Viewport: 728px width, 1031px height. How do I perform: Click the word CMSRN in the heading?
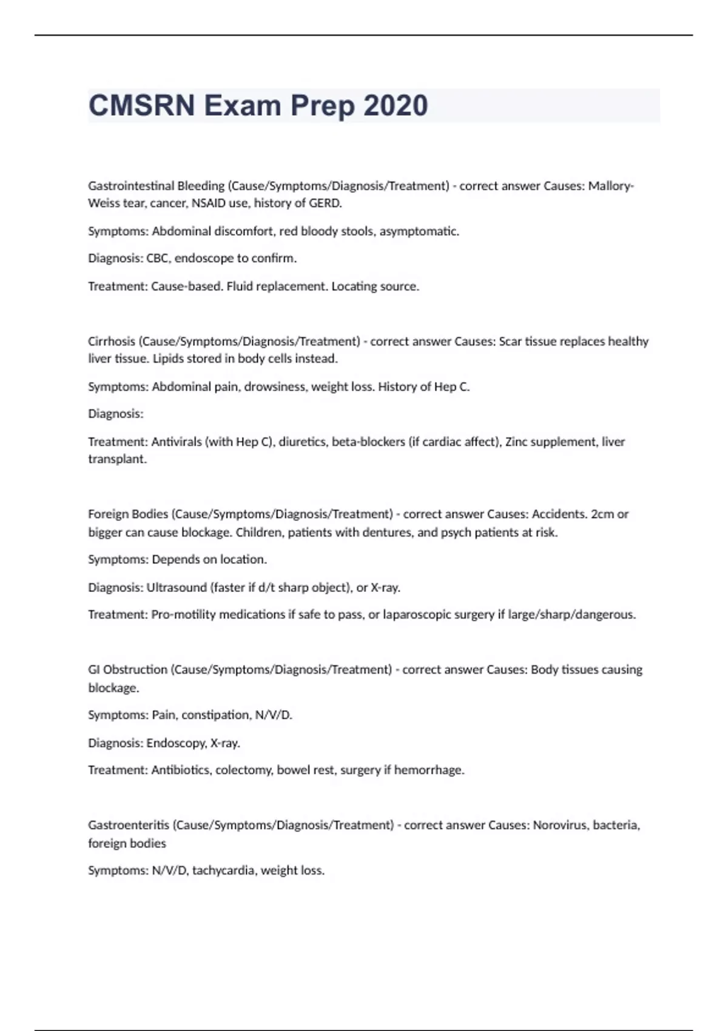(142, 106)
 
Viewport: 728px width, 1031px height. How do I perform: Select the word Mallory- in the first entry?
(611, 186)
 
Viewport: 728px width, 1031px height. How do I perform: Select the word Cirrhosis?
(112, 341)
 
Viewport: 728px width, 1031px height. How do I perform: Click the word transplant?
(117, 459)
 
